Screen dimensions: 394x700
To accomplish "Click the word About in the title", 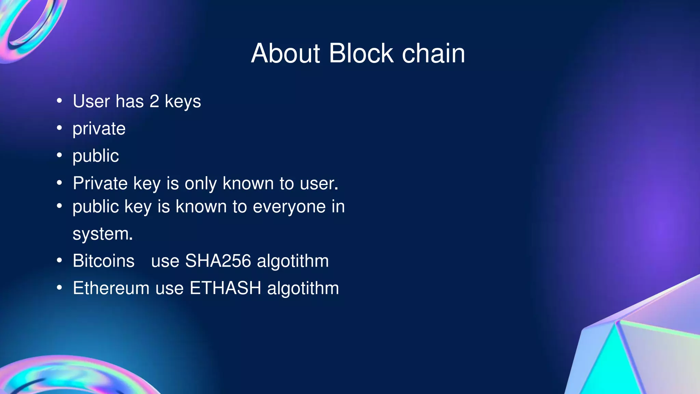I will (285, 54).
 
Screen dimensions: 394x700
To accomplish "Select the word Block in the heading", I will (361, 54).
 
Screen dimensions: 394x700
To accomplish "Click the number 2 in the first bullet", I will (154, 102).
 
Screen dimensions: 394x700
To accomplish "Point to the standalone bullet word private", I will (99, 129).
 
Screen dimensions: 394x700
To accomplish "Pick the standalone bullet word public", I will (96, 156).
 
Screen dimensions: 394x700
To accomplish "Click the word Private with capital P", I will (100, 183).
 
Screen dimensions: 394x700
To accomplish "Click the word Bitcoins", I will (104, 261).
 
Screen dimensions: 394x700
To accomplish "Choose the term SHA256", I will (218, 261).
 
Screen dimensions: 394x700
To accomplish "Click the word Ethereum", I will (111, 288).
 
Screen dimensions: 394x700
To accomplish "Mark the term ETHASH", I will (225, 288).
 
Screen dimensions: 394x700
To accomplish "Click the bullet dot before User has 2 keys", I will (59, 101).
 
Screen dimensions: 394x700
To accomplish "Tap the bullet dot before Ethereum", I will (59, 288).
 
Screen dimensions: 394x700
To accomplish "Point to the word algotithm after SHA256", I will (293, 261).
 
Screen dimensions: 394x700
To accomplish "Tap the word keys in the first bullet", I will (183, 102).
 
